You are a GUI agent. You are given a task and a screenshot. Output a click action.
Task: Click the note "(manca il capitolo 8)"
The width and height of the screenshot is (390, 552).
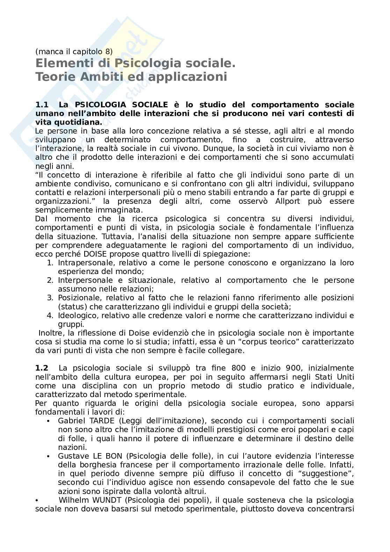(74, 51)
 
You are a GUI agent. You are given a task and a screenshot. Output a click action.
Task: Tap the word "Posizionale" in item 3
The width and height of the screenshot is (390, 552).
(79, 297)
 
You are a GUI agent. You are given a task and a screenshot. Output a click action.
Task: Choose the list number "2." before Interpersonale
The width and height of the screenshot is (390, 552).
(50, 280)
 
